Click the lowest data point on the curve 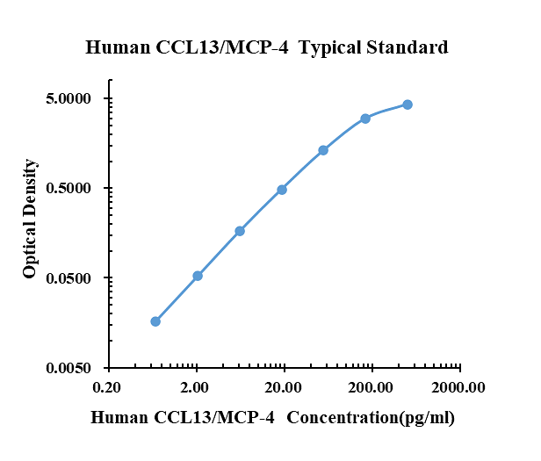click(x=155, y=321)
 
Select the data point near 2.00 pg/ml click(x=198, y=276)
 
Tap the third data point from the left click(x=240, y=231)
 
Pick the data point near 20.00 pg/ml click(x=282, y=190)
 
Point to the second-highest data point click(x=365, y=119)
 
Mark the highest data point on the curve click(x=408, y=104)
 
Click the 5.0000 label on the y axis click(x=69, y=98)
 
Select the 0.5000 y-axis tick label click(x=69, y=189)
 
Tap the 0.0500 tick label click(x=69, y=278)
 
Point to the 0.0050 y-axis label click(x=69, y=369)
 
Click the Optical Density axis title click(x=31, y=219)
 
